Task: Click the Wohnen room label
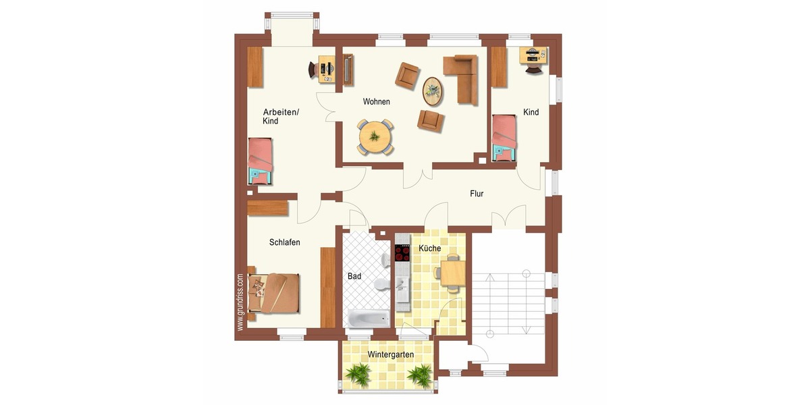point(376,102)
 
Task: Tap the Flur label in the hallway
point(477,194)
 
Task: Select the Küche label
point(430,248)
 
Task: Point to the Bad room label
point(354,276)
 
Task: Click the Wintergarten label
point(390,354)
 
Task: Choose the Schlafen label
point(284,242)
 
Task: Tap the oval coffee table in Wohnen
point(433,90)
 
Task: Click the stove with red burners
point(403,252)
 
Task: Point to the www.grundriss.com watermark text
point(240,302)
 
